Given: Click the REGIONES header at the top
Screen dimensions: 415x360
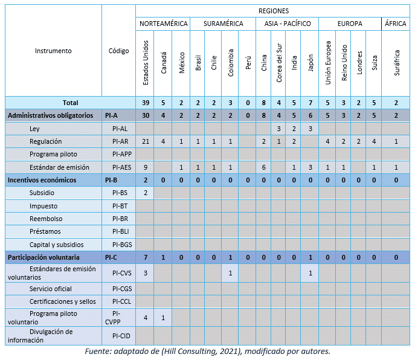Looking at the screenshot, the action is coord(274,11).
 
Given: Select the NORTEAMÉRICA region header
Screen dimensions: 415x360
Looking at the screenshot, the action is coord(164,24).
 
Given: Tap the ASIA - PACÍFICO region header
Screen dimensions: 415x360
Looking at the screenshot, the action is coord(288,24).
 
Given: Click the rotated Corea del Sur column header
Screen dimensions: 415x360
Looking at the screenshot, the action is coord(279,63).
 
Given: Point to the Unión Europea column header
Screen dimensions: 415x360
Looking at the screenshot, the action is coord(328,63).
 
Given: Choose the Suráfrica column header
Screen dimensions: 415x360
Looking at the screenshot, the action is coord(396,63).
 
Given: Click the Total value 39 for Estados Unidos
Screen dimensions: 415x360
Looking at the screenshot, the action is coord(146,103).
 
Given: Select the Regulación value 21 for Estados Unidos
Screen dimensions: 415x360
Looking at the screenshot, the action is coord(146,141).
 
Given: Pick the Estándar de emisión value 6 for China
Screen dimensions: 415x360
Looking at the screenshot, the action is coord(263,167).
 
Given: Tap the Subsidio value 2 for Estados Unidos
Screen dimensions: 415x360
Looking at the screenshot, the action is coord(146,193).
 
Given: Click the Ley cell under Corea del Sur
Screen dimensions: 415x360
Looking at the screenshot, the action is coord(278,129).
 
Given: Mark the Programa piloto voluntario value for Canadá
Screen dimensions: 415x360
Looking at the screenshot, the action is coord(163,318).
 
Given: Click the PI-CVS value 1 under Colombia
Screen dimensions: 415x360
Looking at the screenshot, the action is coord(230,273).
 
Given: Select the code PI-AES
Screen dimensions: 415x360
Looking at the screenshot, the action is coord(122,167).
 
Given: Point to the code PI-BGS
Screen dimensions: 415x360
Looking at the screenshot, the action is coord(122,245).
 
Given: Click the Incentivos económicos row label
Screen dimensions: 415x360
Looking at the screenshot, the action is coord(42,180).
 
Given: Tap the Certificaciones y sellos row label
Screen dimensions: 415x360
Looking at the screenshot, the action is coord(62,301).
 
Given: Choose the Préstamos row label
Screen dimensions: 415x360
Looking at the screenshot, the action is coord(45,231).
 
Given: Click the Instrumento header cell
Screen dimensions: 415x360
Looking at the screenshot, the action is coord(53,51).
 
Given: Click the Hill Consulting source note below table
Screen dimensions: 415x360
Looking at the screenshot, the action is coord(208,352).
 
